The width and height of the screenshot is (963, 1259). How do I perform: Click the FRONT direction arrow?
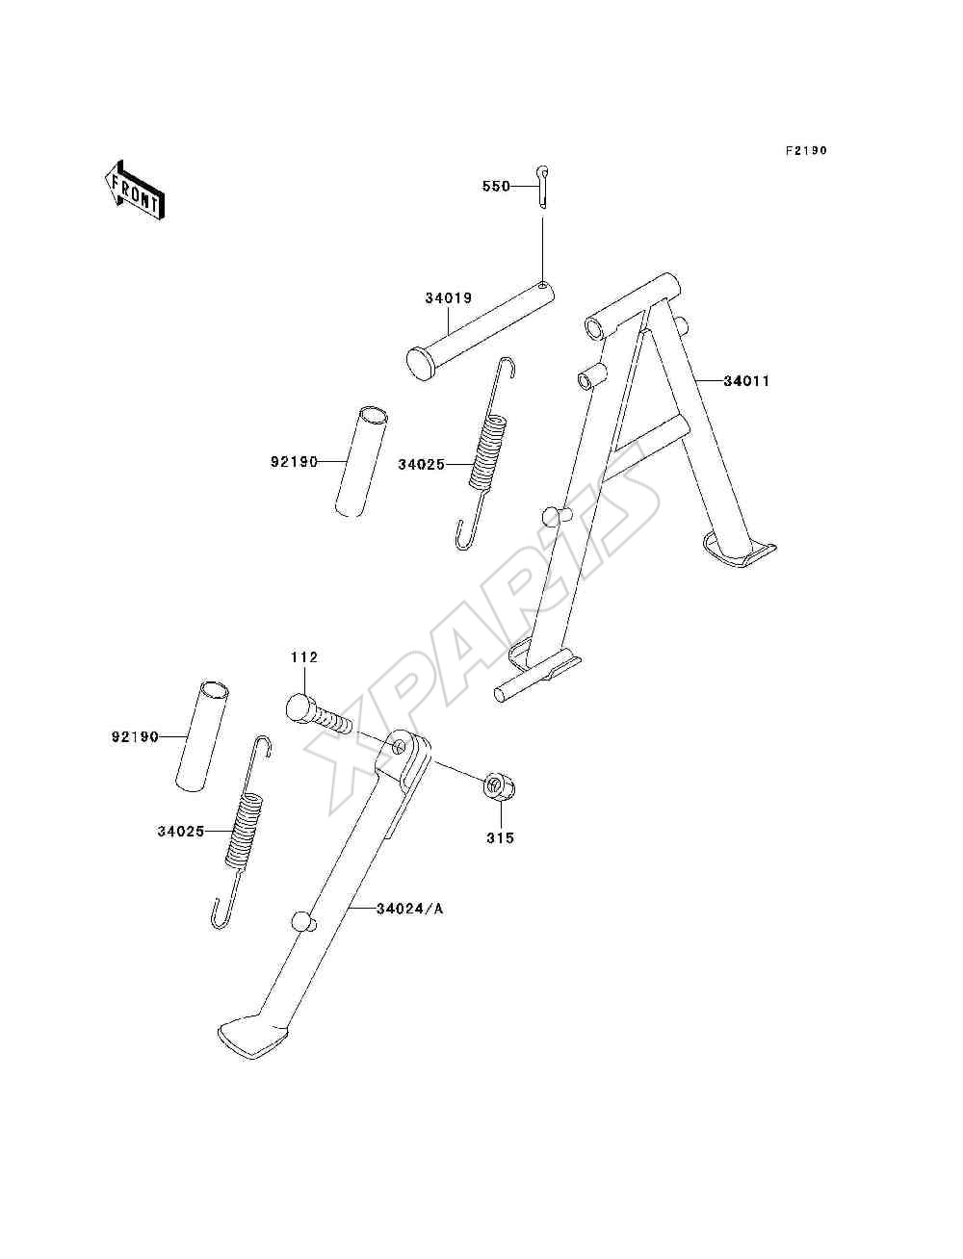135,191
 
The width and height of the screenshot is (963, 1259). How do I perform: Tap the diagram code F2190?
806,150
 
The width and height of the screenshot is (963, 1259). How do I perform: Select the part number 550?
496,187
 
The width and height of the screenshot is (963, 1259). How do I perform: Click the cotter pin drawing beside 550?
542,186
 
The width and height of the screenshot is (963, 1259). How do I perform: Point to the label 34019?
449,298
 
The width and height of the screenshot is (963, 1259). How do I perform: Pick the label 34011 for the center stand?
746,381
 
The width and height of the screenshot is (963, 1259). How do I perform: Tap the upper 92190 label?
294,462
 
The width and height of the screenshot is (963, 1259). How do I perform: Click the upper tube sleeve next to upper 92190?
361,462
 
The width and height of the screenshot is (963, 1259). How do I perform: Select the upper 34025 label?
422,465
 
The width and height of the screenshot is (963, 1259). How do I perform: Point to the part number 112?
304,656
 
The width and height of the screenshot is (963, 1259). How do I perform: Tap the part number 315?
500,838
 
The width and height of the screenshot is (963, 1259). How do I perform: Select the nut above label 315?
500,785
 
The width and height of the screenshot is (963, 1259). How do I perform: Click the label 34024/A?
410,909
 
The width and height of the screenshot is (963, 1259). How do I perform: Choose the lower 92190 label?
135,737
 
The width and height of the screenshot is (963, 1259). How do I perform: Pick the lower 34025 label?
181,831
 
